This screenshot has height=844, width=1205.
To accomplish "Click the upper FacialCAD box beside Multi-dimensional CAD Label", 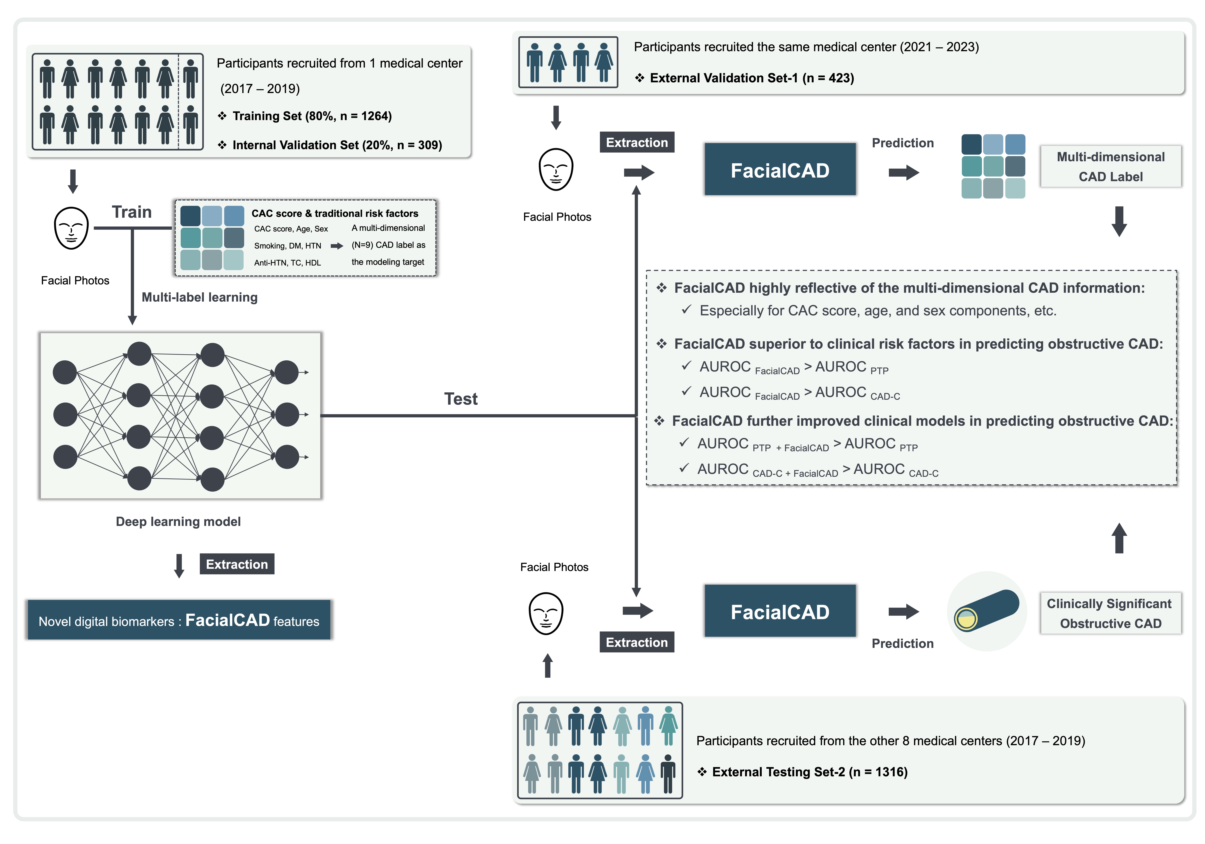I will pos(780,170).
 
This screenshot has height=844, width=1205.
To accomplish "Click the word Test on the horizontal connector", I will pos(461,399).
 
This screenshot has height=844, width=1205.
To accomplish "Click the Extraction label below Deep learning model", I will pos(237,564).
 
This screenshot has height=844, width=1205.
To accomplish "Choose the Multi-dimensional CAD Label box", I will pos(1110,166).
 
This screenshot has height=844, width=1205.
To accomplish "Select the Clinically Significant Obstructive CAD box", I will pos(1110,613).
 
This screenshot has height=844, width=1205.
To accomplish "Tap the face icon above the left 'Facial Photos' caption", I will pos(71,228).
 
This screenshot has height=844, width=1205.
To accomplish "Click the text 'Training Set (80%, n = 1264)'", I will pos(312,116).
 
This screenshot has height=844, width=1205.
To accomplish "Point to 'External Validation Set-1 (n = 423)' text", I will pos(752,78).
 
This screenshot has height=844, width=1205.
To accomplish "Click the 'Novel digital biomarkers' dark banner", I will pos(179,620).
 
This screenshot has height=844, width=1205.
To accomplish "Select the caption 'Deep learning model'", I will pos(178,522).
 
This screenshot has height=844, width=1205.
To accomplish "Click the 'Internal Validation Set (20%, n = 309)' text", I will pos(337,145).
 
